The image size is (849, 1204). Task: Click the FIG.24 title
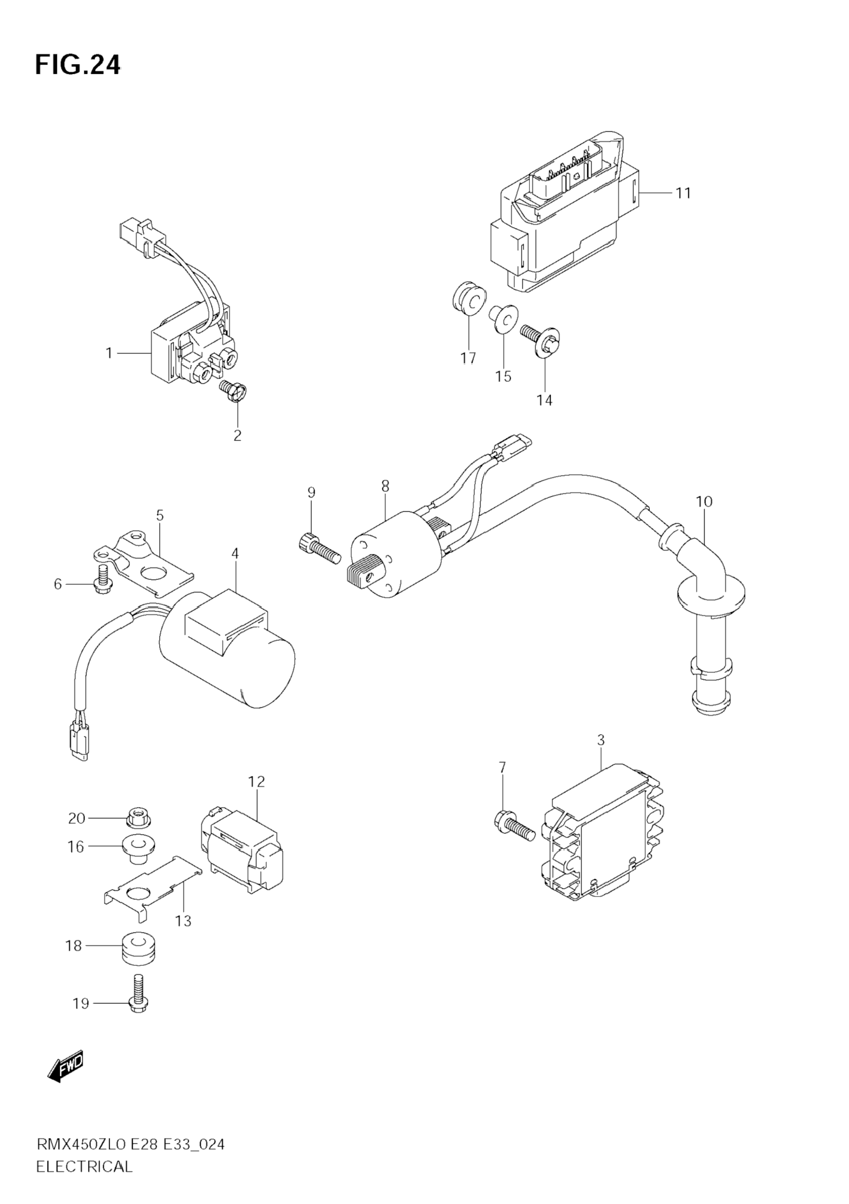[78, 65]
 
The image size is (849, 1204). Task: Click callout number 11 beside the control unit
[683, 194]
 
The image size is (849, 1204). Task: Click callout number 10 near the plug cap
[705, 501]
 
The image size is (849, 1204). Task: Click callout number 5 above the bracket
[160, 515]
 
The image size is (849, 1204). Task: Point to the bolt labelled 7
[513, 829]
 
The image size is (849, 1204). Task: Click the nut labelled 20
[138, 817]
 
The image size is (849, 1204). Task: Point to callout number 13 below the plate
[184, 921]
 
